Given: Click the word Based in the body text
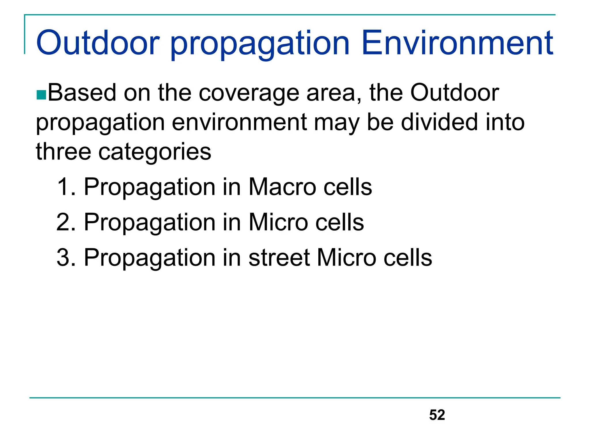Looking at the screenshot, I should pyautogui.click(x=82, y=93).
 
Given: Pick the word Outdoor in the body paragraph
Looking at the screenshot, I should pyautogui.click(x=455, y=93).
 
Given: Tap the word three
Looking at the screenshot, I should pyautogui.click(x=64, y=151).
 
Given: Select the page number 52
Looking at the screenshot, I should pyautogui.click(x=437, y=415).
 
